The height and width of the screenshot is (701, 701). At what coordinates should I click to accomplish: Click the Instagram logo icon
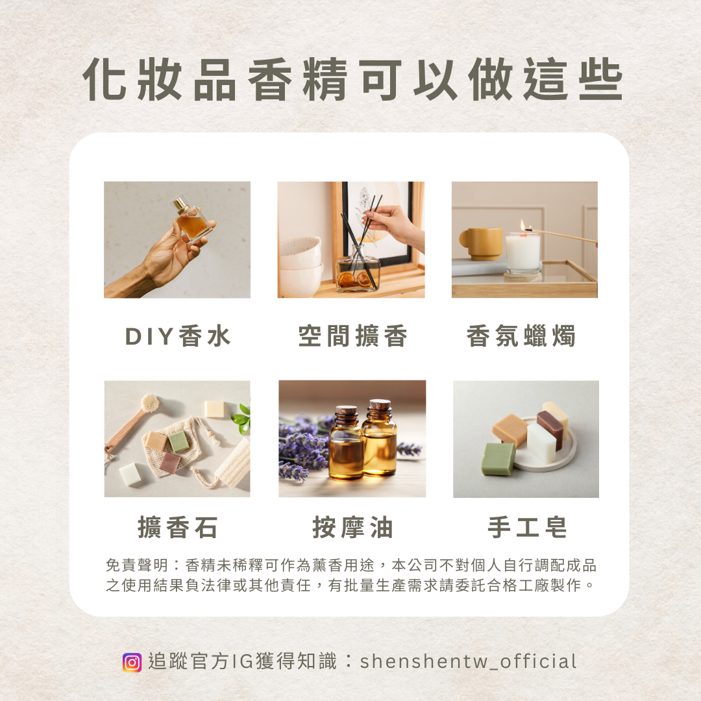click(x=132, y=662)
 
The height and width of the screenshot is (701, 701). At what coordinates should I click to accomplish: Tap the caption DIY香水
click(x=178, y=336)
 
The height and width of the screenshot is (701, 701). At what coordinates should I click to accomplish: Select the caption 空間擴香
click(x=352, y=336)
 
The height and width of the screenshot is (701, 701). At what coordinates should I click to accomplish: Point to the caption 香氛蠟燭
click(x=521, y=336)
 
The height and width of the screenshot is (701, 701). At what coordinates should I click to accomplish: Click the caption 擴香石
click(x=177, y=527)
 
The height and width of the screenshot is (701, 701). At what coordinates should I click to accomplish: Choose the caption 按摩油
click(x=352, y=527)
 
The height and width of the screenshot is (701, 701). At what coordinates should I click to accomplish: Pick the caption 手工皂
click(x=527, y=527)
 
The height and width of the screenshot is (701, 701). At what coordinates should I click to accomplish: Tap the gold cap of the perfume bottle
click(x=180, y=203)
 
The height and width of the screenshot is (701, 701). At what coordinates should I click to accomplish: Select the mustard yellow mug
click(x=480, y=243)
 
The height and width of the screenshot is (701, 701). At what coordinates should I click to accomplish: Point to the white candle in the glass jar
click(x=522, y=252)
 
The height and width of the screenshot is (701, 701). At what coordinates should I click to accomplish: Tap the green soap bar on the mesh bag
click(x=178, y=441)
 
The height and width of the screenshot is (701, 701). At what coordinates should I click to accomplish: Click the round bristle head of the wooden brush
click(x=149, y=403)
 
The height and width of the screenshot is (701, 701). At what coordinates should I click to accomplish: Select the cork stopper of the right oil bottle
click(x=380, y=405)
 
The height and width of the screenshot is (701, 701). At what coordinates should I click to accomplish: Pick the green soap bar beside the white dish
click(x=498, y=459)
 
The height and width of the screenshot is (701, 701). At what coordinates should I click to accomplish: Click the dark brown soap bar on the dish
click(x=550, y=430)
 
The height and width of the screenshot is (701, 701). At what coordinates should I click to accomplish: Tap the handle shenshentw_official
click(x=468, y=661)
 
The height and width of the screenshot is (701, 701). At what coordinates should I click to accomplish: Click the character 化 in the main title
click(x=104, y=79)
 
